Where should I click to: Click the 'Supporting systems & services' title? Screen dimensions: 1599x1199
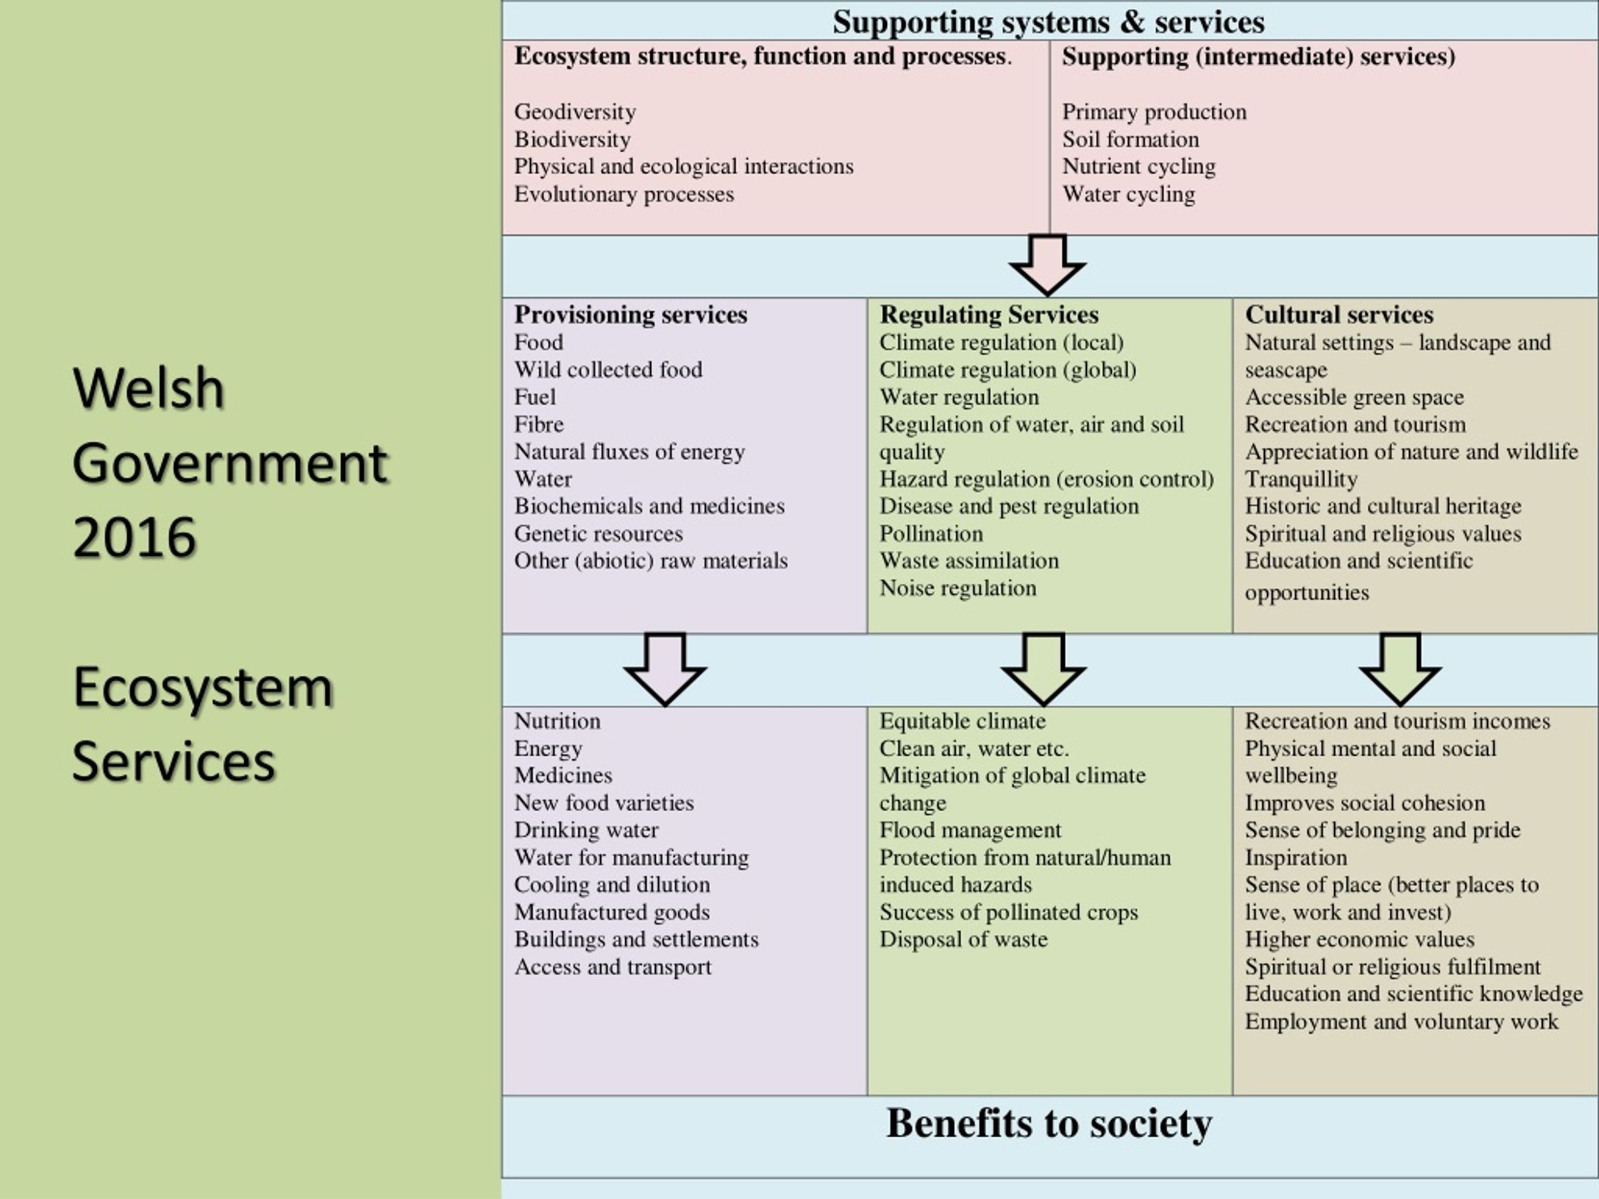coord(1048,22)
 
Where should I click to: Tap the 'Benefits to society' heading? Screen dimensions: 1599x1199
coord(1049,1123)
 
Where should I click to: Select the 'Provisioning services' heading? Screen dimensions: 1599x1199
coord(630,314)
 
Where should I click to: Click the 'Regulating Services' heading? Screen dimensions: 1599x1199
coord(989,314)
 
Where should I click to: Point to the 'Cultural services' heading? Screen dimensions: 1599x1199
coord(1339,314)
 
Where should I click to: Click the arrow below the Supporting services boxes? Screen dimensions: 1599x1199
coord(1047,265)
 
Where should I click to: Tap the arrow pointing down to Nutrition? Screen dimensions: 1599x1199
coord(665,669)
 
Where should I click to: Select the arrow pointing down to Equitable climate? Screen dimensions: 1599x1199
coord(1043,669)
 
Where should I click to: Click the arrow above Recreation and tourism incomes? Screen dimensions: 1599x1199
coord(1400,669)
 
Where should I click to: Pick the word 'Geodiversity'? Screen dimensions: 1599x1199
coord(575,112)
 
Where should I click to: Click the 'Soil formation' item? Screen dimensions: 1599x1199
coord(1131,139)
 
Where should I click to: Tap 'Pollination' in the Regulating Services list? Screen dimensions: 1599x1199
coord(931,533)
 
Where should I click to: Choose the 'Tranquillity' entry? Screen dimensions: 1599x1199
coord(1301,479)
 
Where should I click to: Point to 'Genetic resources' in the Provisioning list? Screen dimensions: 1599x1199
coord(598,533)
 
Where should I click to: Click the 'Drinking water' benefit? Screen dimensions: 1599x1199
coord(587,830)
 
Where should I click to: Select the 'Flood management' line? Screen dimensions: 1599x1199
coord(970,830)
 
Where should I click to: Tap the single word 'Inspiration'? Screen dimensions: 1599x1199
coord(1296,857)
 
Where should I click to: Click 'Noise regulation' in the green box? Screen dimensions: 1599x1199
coord(958,588)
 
